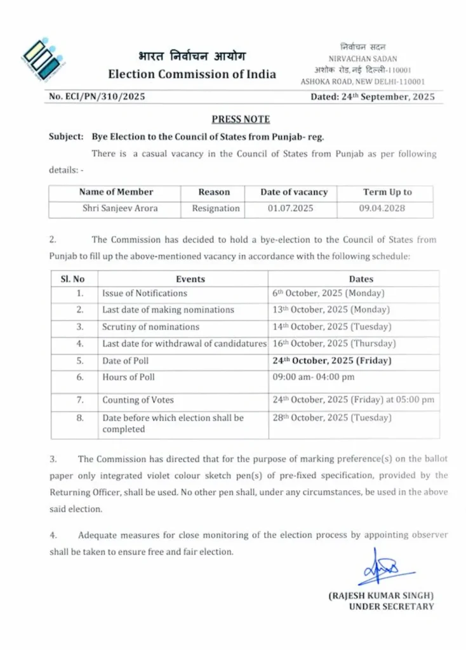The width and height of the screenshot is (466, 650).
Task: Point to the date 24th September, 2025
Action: coord(372,97)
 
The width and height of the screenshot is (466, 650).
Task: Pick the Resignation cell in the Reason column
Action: coord(216,208)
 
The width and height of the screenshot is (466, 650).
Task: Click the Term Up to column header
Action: coord(387,192)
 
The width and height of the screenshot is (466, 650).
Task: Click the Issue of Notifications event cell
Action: coord(145,293)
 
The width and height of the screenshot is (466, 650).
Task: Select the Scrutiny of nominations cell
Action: coord(150,327)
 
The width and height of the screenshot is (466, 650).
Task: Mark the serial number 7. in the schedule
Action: coord(80,401)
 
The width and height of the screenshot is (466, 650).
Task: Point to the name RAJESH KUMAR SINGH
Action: coord(381,595)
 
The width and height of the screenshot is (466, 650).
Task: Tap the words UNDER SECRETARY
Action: coord(391,606)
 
